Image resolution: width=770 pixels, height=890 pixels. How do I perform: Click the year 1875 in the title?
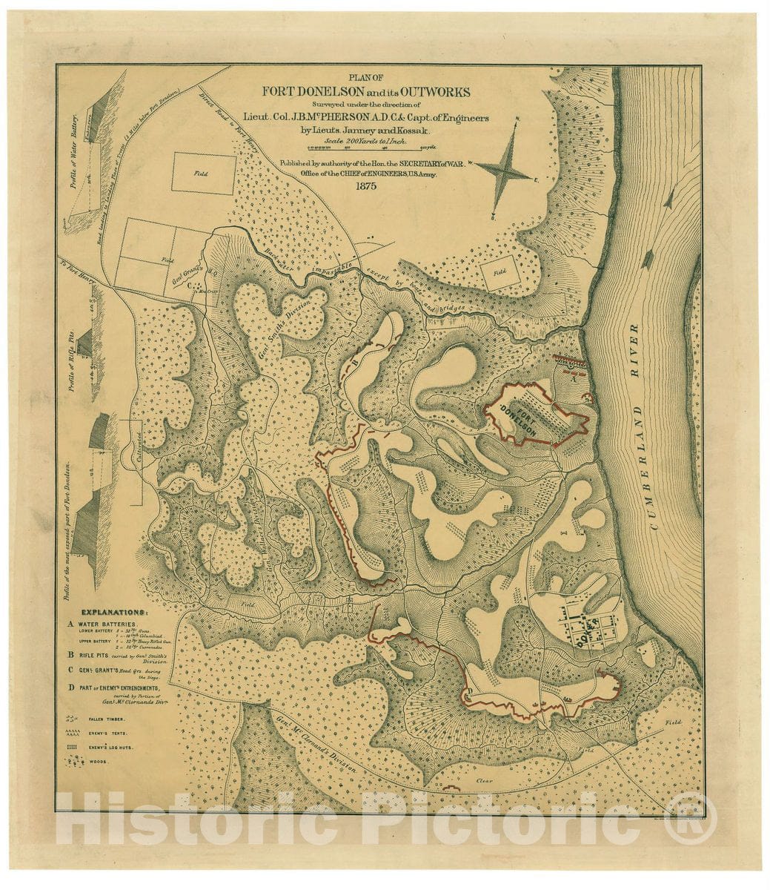point(365,186)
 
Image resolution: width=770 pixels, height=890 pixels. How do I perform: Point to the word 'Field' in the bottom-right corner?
point(673,722)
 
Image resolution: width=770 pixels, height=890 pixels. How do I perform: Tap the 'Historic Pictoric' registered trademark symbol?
point(691,818)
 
